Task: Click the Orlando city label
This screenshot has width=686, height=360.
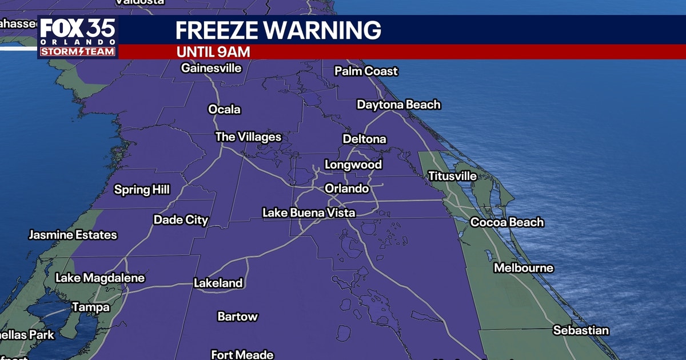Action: click(x=346, y=189)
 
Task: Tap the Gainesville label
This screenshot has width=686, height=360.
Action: click(x=212, y=69)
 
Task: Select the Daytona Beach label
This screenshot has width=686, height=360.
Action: click(x=398, y=105)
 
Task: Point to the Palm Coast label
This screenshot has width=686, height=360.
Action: click(x=366, y=71)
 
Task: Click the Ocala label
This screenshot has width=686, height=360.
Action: click(x=224, y=110)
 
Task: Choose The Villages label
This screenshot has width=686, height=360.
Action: click(x=248, y=137)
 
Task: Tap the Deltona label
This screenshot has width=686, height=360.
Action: click(x=364, y=139)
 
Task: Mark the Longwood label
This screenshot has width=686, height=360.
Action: click(x=353, y=165)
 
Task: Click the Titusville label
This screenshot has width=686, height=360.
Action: click(x=453, y=177)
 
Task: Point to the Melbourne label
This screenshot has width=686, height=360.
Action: click(x=524, y=268)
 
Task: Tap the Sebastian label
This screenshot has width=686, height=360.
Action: click(x=581, y=331)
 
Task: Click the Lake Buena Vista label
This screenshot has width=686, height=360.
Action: click(x=309, y=213)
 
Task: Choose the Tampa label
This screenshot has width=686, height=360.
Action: click(x=90, y=307)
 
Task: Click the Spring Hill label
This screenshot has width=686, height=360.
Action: click(x=142, y=190)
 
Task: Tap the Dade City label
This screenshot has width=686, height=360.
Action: click(x=181, y=220)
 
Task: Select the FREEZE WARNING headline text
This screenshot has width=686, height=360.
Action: click(x=278, y=30)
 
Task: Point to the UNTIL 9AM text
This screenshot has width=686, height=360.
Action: click(x=213, y=52)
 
